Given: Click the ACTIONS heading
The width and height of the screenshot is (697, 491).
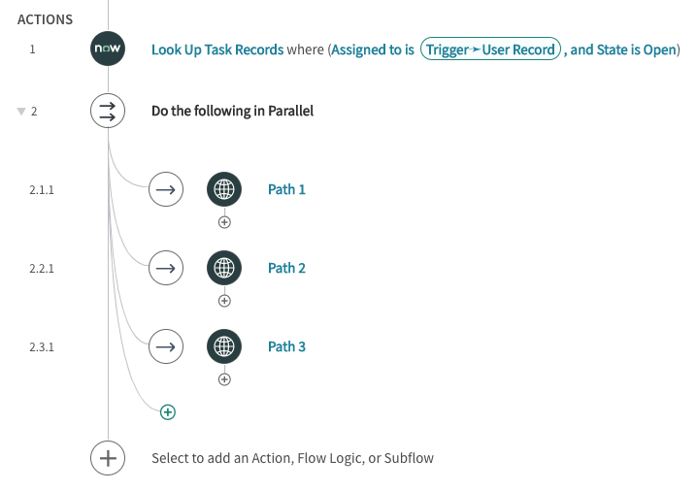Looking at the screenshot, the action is point(45,19).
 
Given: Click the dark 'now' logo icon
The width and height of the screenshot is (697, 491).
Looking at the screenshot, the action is point(108,49).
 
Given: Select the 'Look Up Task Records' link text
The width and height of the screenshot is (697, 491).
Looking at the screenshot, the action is point(217,49).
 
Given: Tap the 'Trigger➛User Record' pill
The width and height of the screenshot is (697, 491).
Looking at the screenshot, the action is point(490,49).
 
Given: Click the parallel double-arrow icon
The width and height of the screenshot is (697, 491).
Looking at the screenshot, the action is point(108,111).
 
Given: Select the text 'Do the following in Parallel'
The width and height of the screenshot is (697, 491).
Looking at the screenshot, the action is point(232,111).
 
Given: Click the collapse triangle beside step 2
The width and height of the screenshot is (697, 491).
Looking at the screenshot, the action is point(21,111).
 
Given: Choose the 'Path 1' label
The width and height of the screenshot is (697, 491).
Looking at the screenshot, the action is point(286,189).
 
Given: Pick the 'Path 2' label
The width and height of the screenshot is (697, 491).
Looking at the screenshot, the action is point(286,268).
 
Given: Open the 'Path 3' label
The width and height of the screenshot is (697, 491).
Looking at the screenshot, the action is point(286,346).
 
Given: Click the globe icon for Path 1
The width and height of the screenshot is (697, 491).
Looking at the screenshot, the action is point(224,189).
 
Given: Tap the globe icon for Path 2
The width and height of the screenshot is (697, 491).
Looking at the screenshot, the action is point(224,268).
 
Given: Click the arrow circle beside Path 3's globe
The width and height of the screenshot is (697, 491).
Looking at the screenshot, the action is point(166,346).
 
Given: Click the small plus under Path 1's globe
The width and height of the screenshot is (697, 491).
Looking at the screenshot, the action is point(224,222).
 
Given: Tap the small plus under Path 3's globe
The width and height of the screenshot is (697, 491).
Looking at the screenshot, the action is point(224,379).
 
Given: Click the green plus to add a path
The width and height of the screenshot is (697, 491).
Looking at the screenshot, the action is point(168,412).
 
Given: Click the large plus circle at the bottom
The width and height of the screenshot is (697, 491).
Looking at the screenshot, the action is point(108,458).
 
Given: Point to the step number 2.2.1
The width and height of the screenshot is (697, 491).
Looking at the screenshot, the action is point(42,269).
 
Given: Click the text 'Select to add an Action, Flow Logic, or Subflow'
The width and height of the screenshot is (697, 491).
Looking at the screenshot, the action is point(292,458).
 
